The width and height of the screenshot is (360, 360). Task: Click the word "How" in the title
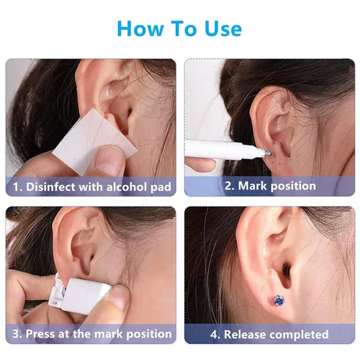(x=139, y=29)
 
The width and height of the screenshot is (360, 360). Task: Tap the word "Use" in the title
(x=222, y=29)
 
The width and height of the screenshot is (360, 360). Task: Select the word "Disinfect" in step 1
(x=50, y=186)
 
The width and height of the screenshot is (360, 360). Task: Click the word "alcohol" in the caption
(x=127, y=186)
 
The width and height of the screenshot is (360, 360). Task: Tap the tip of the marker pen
(x=269, y=153)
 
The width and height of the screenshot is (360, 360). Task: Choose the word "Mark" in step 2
(x=252, y=186)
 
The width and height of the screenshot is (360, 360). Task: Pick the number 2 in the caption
(x=228, y=186)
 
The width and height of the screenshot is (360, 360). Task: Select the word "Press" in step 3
(x=40, y=333)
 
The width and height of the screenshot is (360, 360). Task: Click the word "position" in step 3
(x=149, y=334)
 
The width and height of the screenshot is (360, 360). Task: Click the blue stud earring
(x=279, y=301)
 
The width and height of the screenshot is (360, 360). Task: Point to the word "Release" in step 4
(x=248, y=334)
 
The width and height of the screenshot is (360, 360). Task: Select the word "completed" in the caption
(x=302, y=335)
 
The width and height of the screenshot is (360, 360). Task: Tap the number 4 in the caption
(x=214, y=335)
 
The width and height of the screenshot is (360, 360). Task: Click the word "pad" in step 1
(x=161, y=187)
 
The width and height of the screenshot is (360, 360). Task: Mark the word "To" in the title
(x=184, y=29)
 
